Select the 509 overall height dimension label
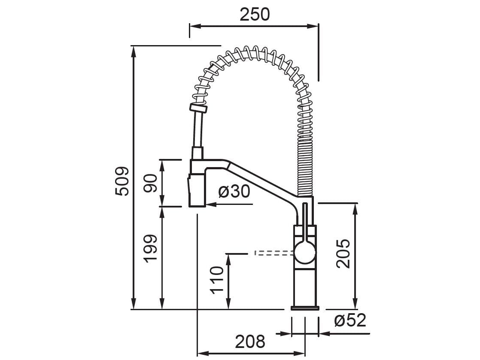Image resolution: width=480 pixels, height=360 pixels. [122, 181]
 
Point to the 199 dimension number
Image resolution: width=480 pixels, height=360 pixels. [150, 249]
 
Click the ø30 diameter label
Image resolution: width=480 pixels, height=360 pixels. [234, 192]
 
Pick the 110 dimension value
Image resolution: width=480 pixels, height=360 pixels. [217, 280]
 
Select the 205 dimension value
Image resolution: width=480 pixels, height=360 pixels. [343, 253]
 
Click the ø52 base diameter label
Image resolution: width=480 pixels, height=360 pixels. [350, 320]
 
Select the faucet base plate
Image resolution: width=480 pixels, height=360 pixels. [305, 308]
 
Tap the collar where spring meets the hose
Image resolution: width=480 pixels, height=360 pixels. [198, 108]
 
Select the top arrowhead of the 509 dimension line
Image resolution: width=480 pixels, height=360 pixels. [134, 50]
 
